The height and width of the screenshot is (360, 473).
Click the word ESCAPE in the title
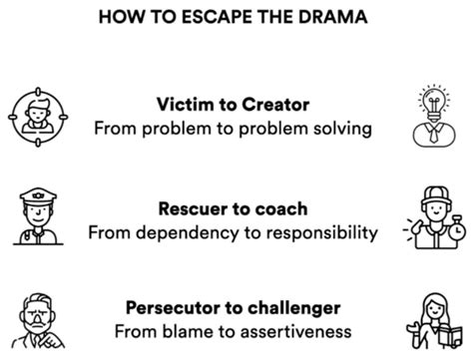(218, 17)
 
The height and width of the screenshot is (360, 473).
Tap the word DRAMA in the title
(333, 17)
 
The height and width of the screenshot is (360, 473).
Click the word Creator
(275, 105)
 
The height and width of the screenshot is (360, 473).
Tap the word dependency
(188, 233)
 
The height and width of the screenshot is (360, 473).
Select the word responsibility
(322, 233)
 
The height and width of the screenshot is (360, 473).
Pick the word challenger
(294, 308)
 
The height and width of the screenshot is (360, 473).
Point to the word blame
(188, 332)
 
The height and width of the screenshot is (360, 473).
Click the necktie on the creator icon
(434, 135)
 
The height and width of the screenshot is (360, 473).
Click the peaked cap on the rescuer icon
(38, 196)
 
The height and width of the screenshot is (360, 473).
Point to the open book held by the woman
(450, 336)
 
